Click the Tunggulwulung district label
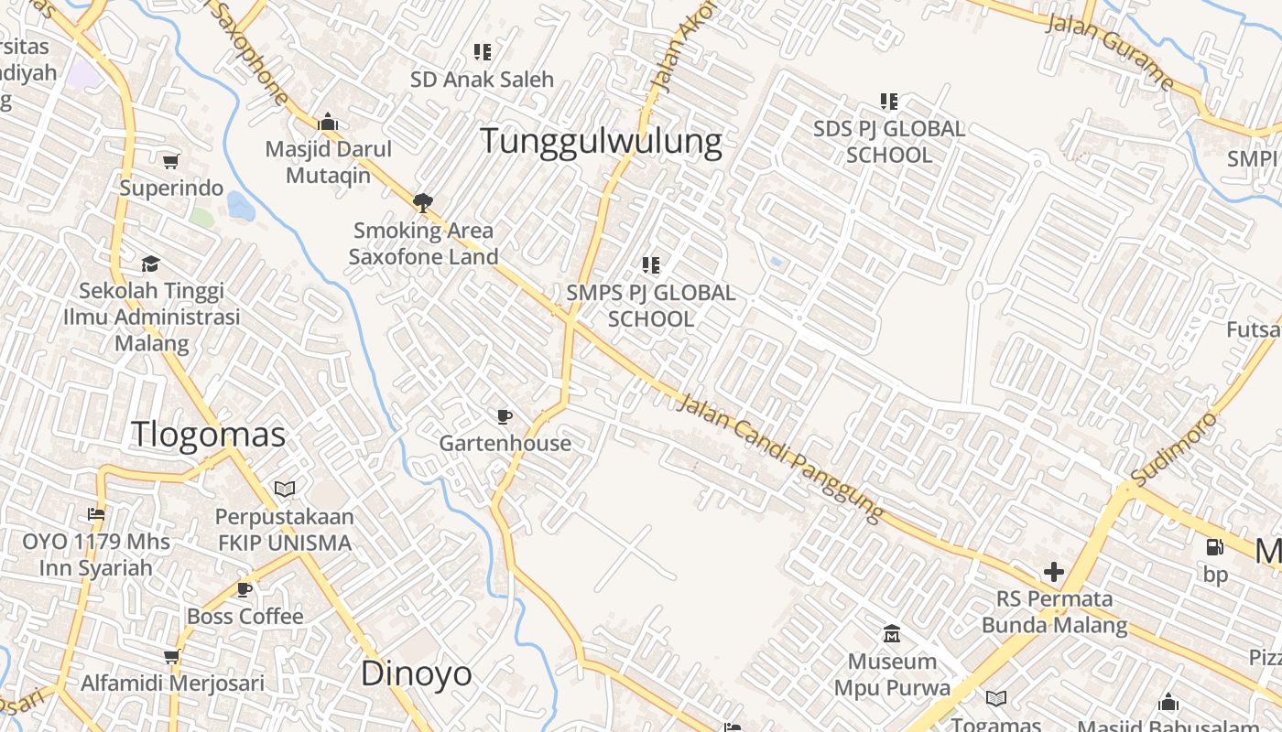pyautogui.click(x=601, y=142)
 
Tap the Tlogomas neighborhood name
pyautogui.click(x=209, y=434)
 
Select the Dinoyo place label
pyautogui.click(x=417, y=673)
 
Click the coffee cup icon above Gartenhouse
pyautogui.click(x=504, y=417)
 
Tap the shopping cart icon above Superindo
pyautogui.click(x=170, y=162)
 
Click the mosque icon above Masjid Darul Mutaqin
pyautogui.click(x=328, y=123)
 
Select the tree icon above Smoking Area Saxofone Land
pyautogui.click(x=422, y=202)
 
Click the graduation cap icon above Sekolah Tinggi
pyautogui.click(x=150, y=264)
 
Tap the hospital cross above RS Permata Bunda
pyautogui.click(x=1054, y=573)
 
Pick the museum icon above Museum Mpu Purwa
pyautogui.click(x=892, y=633)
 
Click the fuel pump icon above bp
pyautogui.click(x=1215, y=547)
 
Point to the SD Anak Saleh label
pyautogui.click(x=482, y=80)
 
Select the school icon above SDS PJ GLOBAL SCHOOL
pyautogui.click(x=889, y=101)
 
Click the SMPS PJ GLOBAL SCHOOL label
pyautogui.click(x=650, y=306)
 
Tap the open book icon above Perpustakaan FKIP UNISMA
pyautogui.click(x=285, y=490)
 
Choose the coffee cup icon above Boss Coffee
pyautogui.click(x=244, y=589)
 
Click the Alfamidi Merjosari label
pyautogui.click(x=172, y=683)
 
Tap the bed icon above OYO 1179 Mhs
pyautogui.click(x=96, y=513)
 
